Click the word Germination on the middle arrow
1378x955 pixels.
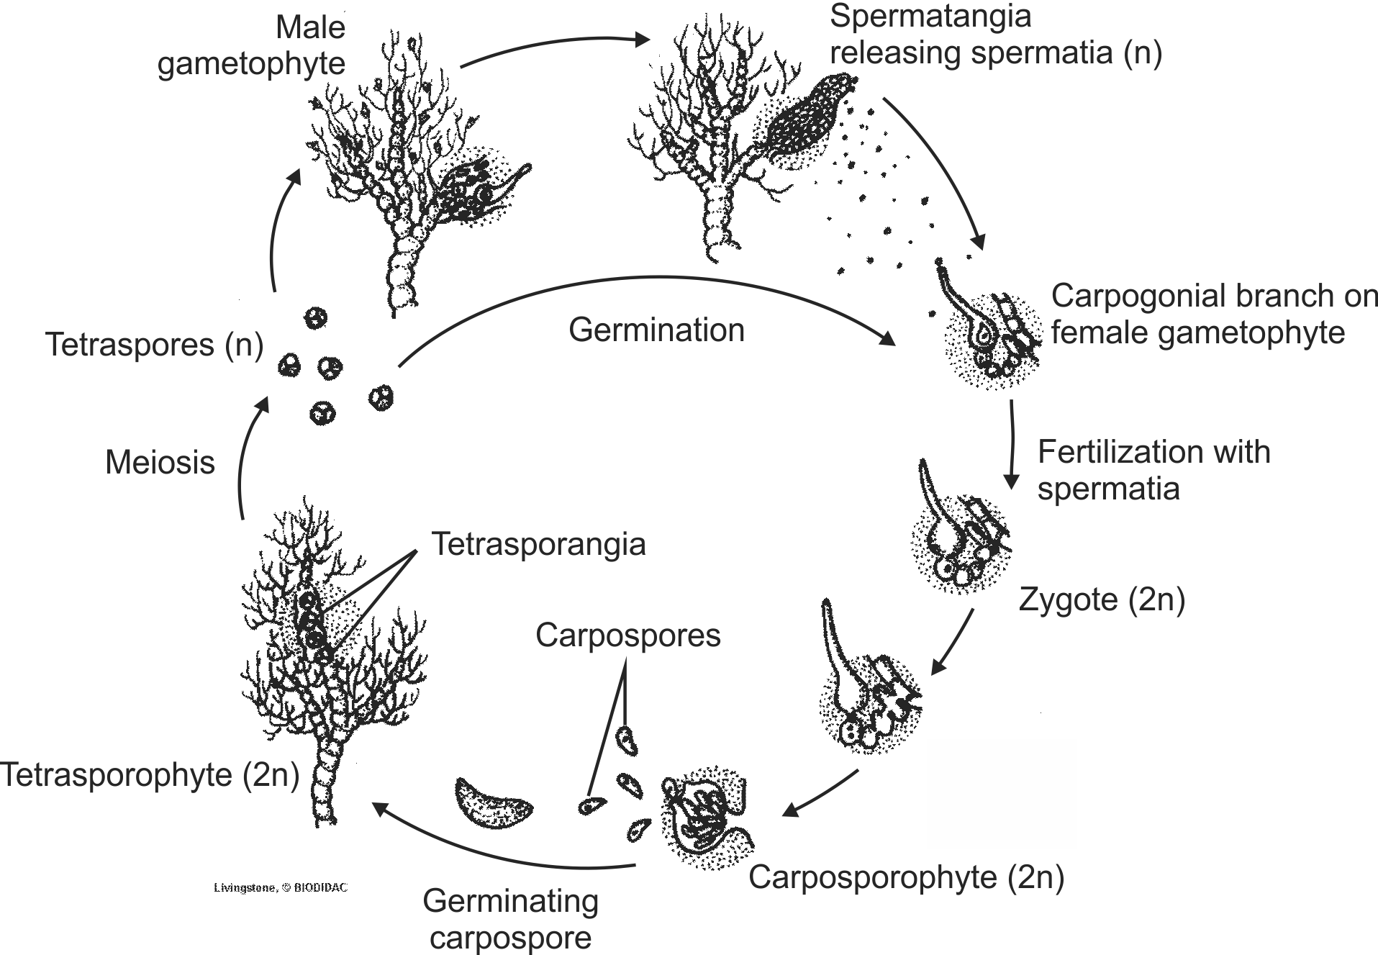point(656,330)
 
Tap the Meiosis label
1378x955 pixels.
point(160,462)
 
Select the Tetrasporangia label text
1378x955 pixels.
point(538,544)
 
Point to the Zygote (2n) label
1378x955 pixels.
point(1102,599)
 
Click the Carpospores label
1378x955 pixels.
point(627,635)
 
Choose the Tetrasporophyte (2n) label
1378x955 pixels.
point(150,775)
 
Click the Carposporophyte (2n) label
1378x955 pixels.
point(906,877)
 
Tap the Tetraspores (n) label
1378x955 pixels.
point(154,345)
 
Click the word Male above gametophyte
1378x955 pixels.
point(310,28)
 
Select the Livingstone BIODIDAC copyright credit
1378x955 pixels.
point(281,888)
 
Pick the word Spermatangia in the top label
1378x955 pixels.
point(930,16)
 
